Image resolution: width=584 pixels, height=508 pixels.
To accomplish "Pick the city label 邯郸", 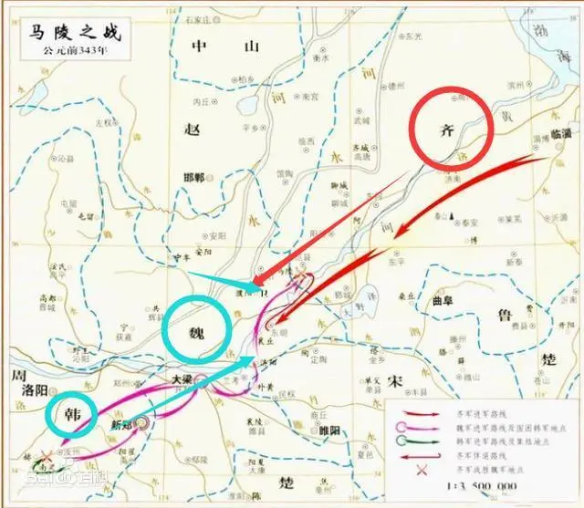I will point(220,176).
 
